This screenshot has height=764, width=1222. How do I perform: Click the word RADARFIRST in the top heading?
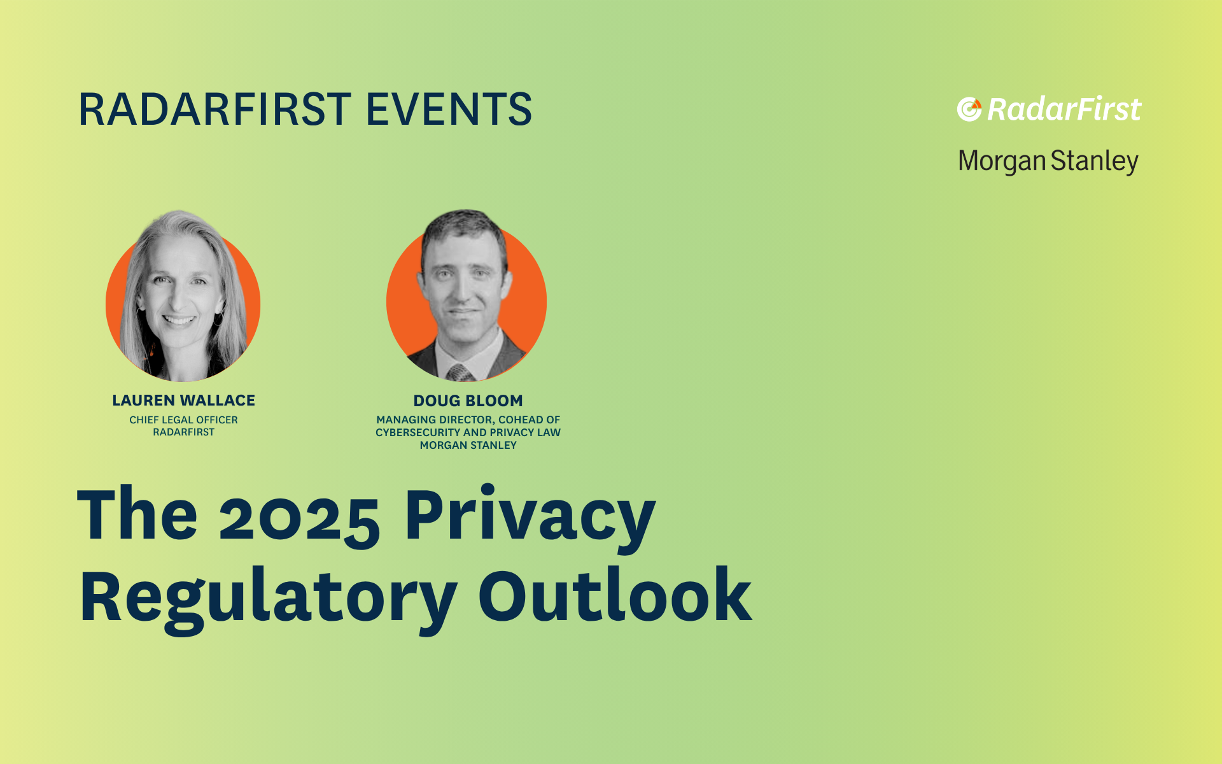pyautogui.click(x=214, y=109)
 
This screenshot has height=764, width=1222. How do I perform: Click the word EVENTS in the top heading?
pyautogui.click(x=449, y=109)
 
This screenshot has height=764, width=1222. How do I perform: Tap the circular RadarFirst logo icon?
pyautogui.click(x=969, y=110)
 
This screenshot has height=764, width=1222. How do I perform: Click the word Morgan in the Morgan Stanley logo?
pyautogui.click(x=1002, y=162)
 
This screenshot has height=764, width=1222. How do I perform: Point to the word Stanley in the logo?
pyautogui.click(x=1094, y=162)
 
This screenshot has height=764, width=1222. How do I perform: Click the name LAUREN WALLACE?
pyautogui.click(x=183, y=400)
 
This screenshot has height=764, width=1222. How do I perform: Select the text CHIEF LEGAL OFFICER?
pyautogui.click(x=183, y=420)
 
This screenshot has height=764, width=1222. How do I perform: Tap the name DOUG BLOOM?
pyautogui.click(x=468, y=400)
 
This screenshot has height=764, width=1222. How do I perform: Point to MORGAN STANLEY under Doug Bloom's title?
pyautogui.click(x=468, y=446)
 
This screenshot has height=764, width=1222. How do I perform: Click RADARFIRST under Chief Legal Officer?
pyautogui.click(x=183, y=432)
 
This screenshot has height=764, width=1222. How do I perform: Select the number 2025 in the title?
pyautogui.click(x=300, y=517)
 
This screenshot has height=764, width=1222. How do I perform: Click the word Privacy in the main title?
pyautogui.click(x=530, y=517)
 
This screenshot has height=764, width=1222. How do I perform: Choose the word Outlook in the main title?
pyautogui.click(x=615, y=594)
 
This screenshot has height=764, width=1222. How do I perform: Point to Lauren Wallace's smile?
pyautogui.click(x=179, y=320)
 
